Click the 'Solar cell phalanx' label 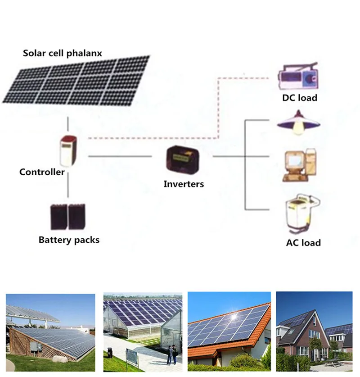[63, 53]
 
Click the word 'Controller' [42, 172]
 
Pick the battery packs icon [67, 217]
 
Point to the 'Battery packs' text [69, 240]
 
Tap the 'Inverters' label [184, 184]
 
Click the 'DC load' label [300, 98]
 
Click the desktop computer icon [298, 165]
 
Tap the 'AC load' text [303, 243]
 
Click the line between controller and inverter [120, 156]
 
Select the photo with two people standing [143, 332]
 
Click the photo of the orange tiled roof [229, 332]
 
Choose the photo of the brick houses [314, 332]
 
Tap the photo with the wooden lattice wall [50, 332]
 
